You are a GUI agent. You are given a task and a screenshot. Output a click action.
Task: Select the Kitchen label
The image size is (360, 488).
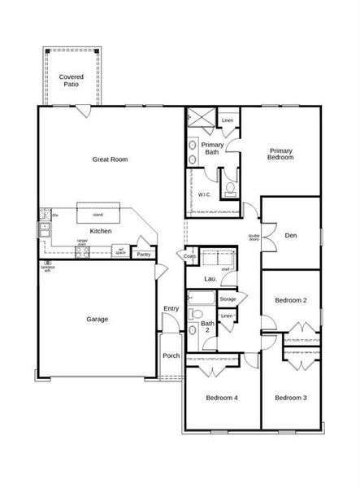(x=101, y=232)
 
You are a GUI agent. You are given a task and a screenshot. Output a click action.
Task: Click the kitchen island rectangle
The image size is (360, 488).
(x=98, y=214)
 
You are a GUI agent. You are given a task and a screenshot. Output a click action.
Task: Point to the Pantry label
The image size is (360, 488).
(x=144, y=255)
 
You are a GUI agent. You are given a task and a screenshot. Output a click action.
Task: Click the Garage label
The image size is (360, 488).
(x=98, y=319)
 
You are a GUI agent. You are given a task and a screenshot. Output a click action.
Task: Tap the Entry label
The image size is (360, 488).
(x=171, y=308)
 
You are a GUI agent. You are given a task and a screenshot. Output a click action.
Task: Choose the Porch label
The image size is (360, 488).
(x=171, y=355)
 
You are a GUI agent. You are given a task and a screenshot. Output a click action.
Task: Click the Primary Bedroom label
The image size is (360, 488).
(x=281, y=154)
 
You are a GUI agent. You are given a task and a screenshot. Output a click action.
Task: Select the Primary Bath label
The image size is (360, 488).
(x=212, y=148)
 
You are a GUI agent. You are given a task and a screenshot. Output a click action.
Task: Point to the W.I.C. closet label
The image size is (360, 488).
(x=205, y=194)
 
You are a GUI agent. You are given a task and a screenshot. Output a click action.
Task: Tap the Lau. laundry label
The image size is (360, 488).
(x=210, y=279)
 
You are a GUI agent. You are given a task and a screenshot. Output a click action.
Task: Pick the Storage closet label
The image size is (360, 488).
(x=228, y=299)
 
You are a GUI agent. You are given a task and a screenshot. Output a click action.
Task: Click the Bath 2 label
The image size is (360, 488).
(x=207, y=327)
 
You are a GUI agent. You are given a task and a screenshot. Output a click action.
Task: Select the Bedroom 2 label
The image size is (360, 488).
(x=290, y=300)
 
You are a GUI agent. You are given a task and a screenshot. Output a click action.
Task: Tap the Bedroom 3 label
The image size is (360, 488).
(x=290, y=398)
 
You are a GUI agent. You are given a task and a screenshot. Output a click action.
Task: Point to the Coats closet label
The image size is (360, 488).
(x=189, y=256)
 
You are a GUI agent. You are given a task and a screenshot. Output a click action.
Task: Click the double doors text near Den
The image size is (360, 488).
(x=254, y=238)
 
